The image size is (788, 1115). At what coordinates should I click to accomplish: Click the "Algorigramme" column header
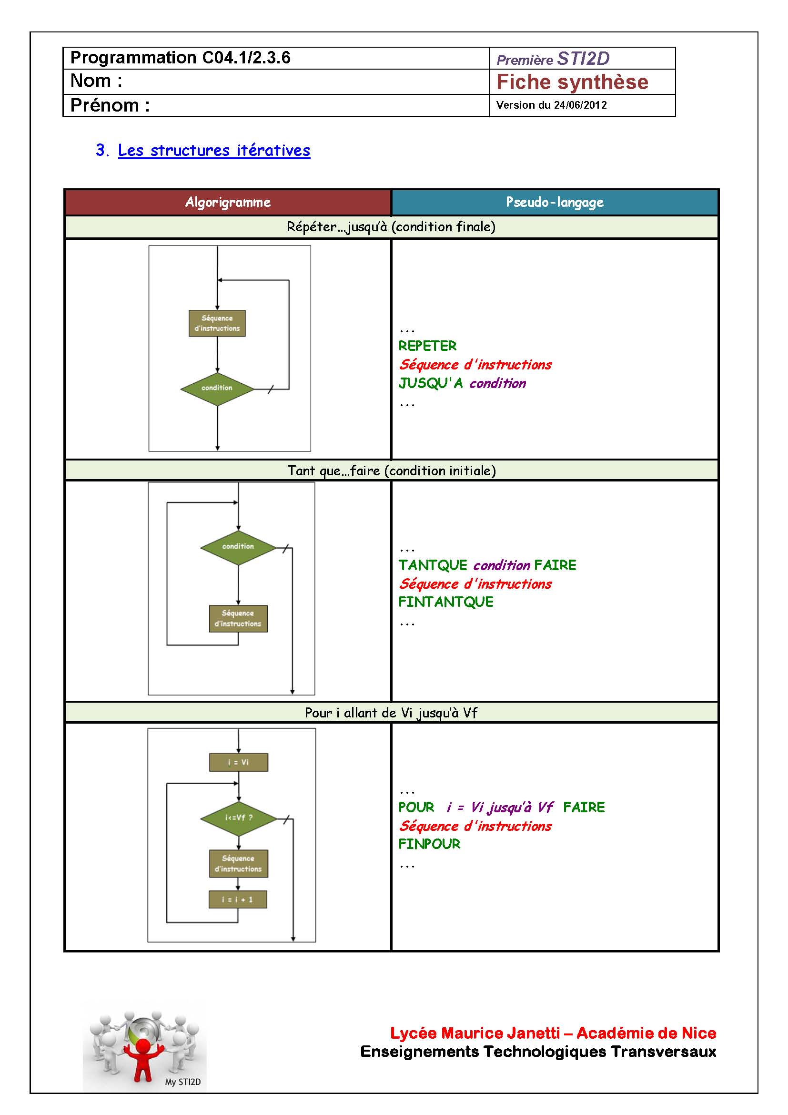point(228,202)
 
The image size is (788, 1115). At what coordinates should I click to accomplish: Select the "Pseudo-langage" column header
point(555,202)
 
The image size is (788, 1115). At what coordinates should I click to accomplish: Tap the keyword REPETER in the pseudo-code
point(427,346)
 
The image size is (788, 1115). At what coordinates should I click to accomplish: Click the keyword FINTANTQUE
point(446,602)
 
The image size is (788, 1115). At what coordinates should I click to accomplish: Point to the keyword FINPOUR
point(429,844)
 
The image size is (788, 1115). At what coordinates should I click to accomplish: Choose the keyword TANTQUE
point(433,565)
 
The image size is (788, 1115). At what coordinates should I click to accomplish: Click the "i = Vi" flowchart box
point(238,762)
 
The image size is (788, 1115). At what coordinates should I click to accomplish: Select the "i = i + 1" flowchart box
point(238,900)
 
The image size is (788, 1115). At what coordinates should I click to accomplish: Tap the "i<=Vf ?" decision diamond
point(238,818)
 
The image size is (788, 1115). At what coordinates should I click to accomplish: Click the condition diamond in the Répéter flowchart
point(217,388)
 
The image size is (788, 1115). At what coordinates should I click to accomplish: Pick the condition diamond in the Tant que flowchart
point(238,547)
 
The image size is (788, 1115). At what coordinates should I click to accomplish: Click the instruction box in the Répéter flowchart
point(217,323)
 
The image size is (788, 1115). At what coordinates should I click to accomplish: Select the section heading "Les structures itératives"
point(214,151)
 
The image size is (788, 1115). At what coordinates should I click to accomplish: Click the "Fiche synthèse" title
point(572,82)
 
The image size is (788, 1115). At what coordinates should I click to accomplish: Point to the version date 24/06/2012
point(580,105)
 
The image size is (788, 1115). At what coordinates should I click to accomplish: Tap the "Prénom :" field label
point(110,105)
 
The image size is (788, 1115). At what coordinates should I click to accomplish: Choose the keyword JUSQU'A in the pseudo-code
point(431,384)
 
